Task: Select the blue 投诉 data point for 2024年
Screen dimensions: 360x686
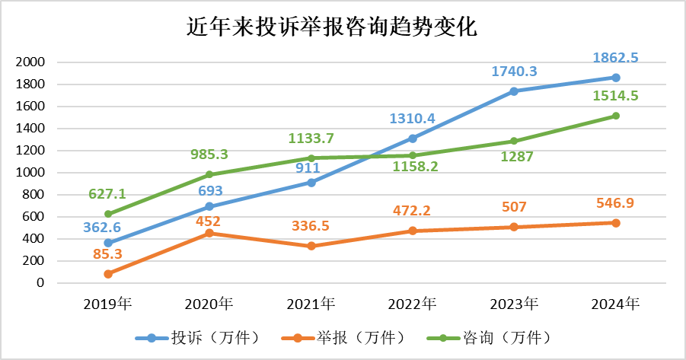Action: coord(616,78)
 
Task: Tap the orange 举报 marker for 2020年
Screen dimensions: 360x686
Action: coord(209,233)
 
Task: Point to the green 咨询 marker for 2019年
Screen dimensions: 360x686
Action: coord(108,214)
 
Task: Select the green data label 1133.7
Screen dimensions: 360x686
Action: coord(312,139)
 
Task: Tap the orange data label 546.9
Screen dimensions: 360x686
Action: coord(617,203)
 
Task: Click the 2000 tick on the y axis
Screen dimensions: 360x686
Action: coord(31,62)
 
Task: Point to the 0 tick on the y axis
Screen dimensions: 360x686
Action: coord(40,283)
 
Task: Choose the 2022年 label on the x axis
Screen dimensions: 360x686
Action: coord(412,304)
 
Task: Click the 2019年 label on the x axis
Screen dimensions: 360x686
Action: coord(108,304)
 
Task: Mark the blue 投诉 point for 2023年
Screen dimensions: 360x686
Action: coord(515,91)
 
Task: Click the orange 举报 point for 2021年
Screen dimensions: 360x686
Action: coord(311,246)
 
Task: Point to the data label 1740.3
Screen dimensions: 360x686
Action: coord(515,71)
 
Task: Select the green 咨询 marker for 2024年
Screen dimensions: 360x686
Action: coord(616,116)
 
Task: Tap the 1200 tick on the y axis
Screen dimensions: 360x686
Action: coord(31,151)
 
